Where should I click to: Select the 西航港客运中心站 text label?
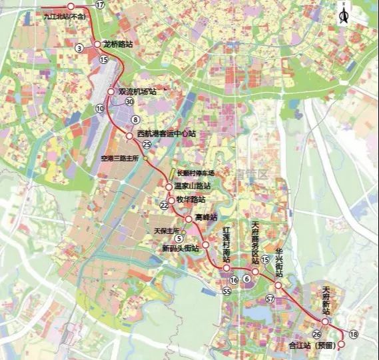coord(167,134)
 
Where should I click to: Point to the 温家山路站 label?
coord(192,186)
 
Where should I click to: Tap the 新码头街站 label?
coord(180,247)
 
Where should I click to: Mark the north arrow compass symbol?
coord(344,13)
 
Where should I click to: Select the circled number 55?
coord(227,292)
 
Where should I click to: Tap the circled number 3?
coord(79,48)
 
